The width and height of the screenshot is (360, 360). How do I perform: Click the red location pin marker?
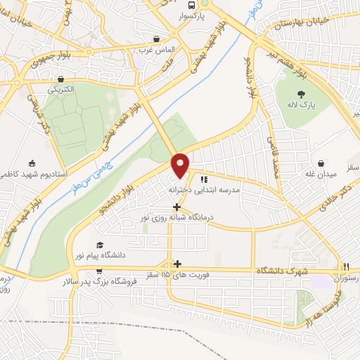click(181, 166)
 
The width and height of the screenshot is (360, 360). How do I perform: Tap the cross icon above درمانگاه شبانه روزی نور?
click(176, 207)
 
